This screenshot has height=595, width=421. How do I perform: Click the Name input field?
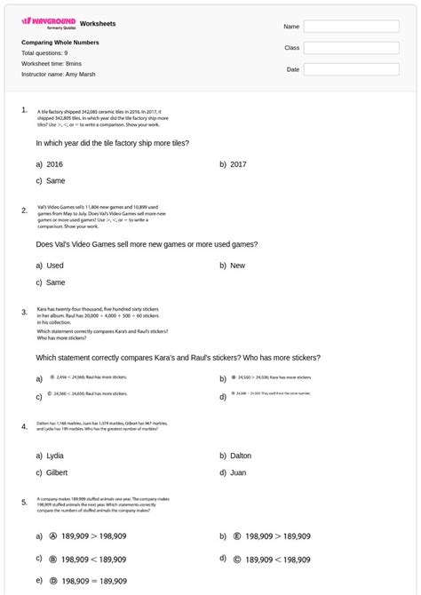point(351,27)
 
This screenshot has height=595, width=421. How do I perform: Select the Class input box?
point(351,48)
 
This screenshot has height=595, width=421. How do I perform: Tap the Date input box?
point(351,69)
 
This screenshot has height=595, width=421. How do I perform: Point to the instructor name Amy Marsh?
point(59,75)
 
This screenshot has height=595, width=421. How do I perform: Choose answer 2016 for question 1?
point(54,164)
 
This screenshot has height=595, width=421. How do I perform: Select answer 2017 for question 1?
point(238,164)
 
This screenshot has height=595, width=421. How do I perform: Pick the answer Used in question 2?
point(54,266)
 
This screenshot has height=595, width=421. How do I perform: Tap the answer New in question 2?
point(237,266)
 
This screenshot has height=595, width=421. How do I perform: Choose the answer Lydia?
point(54,456)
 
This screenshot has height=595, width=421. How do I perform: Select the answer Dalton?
point(240,456)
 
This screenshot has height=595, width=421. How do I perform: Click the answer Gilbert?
point(57,473)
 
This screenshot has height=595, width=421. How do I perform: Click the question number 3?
point(24,312)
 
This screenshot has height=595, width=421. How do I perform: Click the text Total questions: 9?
point(44,53)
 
